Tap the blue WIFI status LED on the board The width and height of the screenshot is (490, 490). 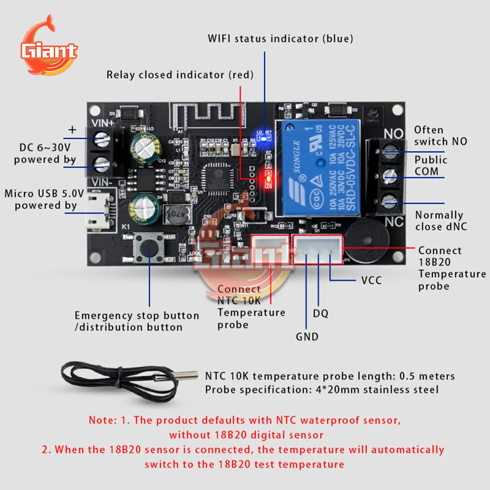(x=263, y=138)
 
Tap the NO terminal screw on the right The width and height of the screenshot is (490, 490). (x=389, y=152)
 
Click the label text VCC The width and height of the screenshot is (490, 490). (x=371, y=281)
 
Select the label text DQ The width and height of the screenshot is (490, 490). (x=320, y=313)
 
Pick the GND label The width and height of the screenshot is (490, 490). (x=307, y=337)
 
